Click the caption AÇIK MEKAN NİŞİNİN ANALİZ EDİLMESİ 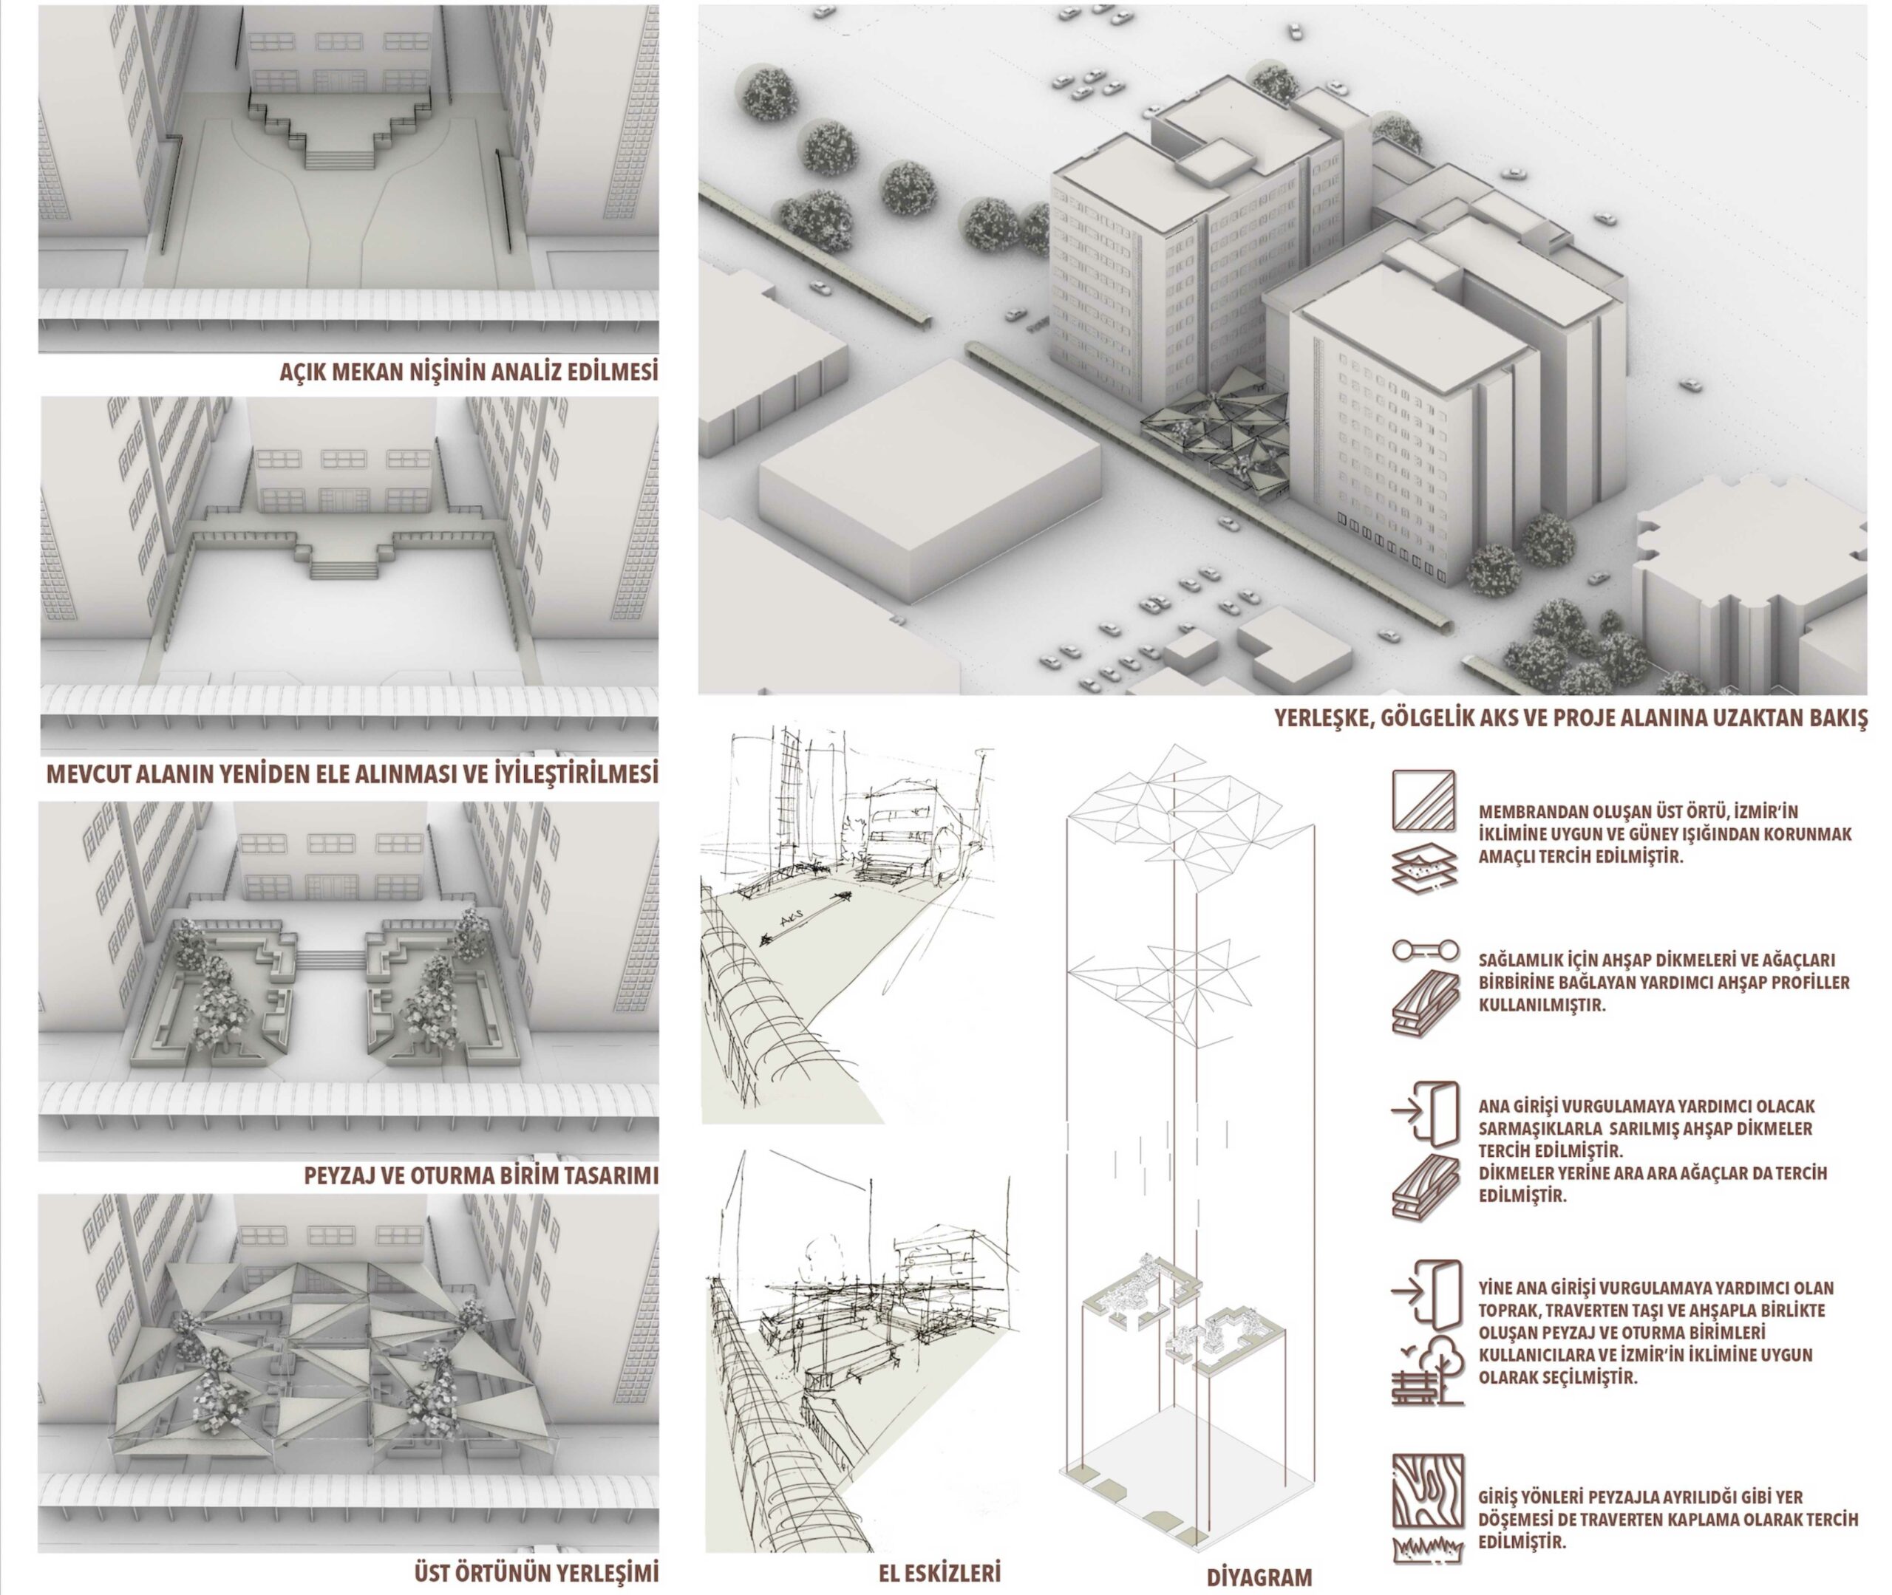coord(469,373)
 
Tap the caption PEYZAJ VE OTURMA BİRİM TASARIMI coord(480,1176)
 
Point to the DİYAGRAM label coord(1259,1578)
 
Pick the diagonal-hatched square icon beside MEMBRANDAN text coord(1424,800)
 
